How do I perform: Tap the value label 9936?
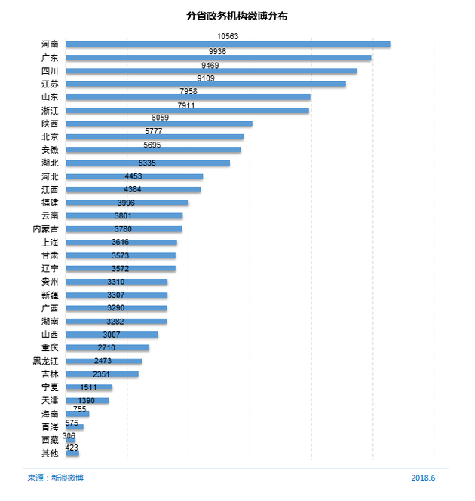[x=217, y=51]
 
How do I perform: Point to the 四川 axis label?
[x=51, y=71]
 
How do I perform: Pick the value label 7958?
[x=188, y=91]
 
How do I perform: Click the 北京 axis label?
[x=51, y=137]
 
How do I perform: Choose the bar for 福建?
[x=127, y=203]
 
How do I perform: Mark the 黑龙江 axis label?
[x=46, y=361]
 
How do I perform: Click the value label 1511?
[x=88, y=387]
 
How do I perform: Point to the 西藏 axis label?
[x=51, y=440]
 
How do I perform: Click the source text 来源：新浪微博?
[x=56, y=478]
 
